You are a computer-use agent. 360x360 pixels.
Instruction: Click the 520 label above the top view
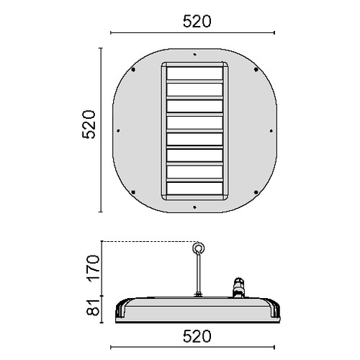(x=197, y=22)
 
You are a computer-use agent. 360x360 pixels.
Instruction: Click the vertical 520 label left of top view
(x=89, y=125)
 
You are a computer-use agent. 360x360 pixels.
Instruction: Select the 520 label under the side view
(x=197, y=336)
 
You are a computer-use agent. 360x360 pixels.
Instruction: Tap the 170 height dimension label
(x=94, y=269)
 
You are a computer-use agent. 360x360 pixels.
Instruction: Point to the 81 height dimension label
(x=93, y=307)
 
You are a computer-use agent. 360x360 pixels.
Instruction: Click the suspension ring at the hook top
(x=198, y=248)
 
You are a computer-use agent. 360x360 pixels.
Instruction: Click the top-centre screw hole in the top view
(x=194, y=55)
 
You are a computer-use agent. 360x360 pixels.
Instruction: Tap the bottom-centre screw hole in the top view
(x=194, y=207)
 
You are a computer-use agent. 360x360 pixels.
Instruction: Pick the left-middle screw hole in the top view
(x=118, y=131)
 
